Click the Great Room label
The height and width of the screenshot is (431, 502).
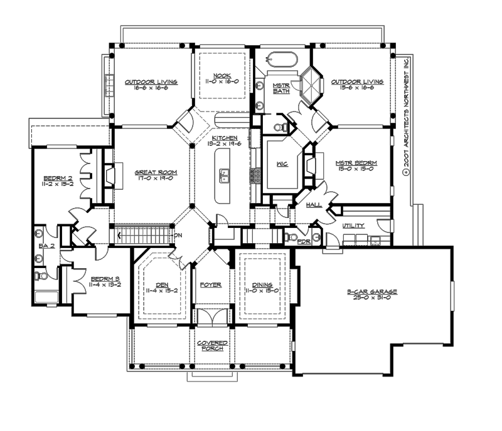[156, 172]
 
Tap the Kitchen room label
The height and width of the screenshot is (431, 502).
[223, 138]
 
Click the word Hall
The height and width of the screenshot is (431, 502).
[314, 205]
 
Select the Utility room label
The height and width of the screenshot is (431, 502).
[353, 226]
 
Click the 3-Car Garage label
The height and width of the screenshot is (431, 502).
[372, 293]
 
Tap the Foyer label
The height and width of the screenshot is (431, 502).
[211, 284]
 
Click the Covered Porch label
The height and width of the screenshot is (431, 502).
[211, 346]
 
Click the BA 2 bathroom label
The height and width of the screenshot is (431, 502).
[47, 246]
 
